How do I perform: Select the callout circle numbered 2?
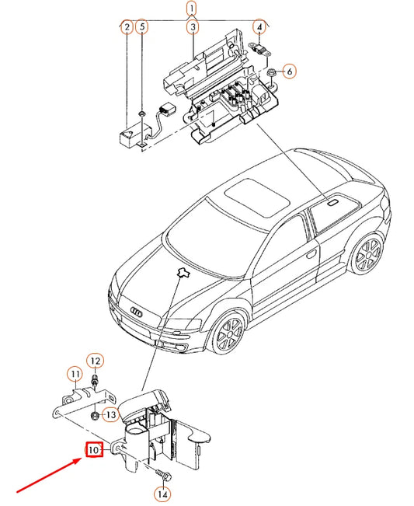(x=126, y=28)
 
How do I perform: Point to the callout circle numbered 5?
(x=141, y=28)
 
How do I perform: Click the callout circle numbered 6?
(x=289, y=72)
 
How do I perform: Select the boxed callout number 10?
(x=93, y=449)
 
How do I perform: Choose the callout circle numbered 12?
(x=94, y=361)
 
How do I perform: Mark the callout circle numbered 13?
(x=110, y=415)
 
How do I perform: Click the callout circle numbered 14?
(x=162, y=493)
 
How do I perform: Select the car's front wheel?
(x=229, y=333)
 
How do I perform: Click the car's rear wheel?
(x=366, y=256)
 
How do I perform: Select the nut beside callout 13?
(x=94, y=415)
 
